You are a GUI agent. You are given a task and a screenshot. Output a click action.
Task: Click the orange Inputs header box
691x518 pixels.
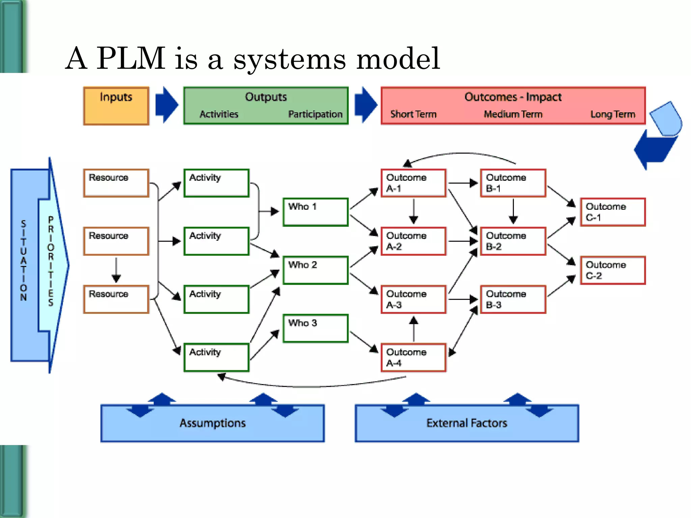coord(116,106)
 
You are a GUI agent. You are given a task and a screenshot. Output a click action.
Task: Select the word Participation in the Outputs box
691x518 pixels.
coord(315,114)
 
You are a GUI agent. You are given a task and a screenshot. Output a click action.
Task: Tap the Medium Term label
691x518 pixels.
coord(513,114)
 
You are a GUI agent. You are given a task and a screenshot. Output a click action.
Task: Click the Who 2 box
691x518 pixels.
coord(315,270)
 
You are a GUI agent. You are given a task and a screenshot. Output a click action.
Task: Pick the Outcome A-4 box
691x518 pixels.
coord(413,357)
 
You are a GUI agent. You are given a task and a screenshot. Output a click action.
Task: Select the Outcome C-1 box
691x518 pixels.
coord(612,212)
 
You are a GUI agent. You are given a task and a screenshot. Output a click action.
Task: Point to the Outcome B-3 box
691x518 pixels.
coord(513,299)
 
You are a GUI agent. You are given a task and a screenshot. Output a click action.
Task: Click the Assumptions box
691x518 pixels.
coord(213,423)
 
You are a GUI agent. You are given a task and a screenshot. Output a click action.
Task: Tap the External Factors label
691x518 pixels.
coord(467,423)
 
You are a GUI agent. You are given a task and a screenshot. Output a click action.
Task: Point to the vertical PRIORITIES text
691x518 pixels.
coord(51,261)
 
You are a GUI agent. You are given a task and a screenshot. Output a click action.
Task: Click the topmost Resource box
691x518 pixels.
coord(116,183)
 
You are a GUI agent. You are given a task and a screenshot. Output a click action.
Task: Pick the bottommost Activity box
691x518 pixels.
coord(216,357)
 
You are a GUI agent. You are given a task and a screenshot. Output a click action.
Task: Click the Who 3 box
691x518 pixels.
coord(315,328)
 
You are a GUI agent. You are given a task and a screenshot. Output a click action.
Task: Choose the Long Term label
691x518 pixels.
coord(612,114)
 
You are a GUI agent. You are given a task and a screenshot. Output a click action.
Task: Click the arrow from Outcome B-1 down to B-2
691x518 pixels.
coord(513,211)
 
